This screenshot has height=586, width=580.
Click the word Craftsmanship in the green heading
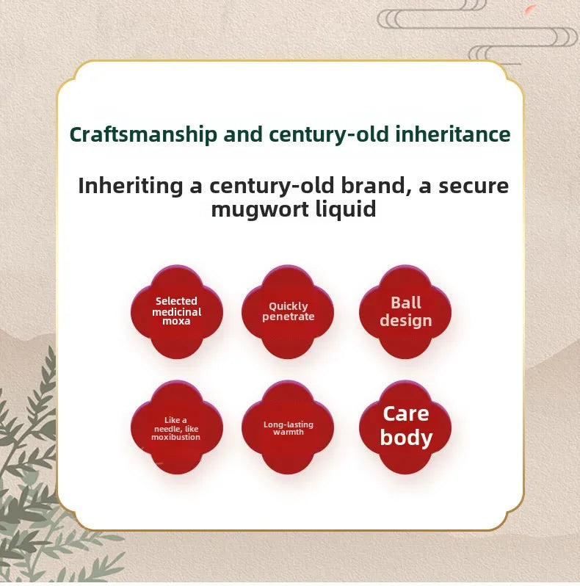pyautogui.click(x=143, y=134)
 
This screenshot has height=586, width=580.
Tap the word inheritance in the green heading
pyautogui.click(x=452, y=134)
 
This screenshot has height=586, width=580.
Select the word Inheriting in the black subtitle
pyautogui.click(x=131, y=186)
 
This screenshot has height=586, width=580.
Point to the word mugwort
pyautogui.click(x=260, y=209)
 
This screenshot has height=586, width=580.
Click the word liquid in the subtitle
pyautogui.click(x=346, y=209)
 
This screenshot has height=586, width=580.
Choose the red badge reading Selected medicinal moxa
pyautogui.click(x=177, y=311)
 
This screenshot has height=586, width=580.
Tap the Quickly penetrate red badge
pyautogui.click(x=288, y=311)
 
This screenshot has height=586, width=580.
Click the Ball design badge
pyautogui.click(x=405, y=311)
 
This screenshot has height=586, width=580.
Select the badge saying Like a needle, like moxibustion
pyautogui.click(x=177, y=427)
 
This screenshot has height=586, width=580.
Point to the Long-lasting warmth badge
pyautogui.click(x=288, y=427)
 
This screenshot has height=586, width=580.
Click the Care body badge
pyautogui.click(x=405, y=427)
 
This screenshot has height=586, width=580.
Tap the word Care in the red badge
pyautogui.click(x=406, y=413)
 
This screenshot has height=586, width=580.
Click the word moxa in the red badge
pyautogui.click(x=176, y=321)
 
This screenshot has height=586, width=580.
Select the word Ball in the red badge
pyautogui.click(x=406, y=303)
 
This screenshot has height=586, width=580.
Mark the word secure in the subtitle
pyautogui.click(x=474, y=186)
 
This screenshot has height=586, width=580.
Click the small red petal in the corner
pyautogui.click(x=531, y=10)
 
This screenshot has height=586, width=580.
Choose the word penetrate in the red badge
pyautogui.click(x=288, y=317)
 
